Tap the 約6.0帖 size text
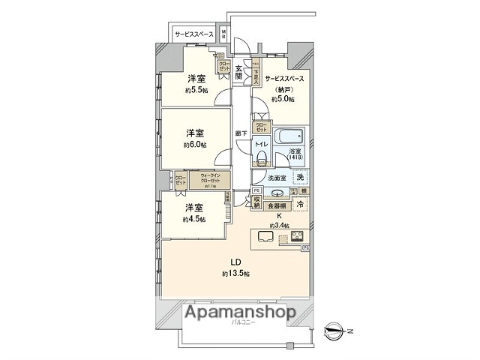point(196,145)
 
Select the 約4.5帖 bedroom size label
point(193,220)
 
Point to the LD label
point(235,262)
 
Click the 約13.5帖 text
point(235,274)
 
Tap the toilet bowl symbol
point(262,157)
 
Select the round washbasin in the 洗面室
point(268,192)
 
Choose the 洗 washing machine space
point(300,178)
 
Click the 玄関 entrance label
point(238,72)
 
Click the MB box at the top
point(223,34)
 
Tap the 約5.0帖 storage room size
point(283,98)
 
